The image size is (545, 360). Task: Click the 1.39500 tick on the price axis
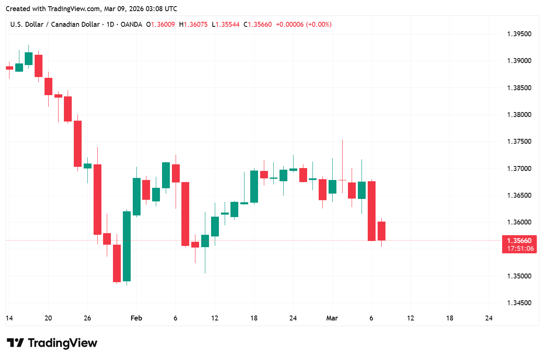[519, 34]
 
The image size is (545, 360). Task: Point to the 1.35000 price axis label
[519, 276]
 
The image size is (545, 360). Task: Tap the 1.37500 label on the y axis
[519, 141]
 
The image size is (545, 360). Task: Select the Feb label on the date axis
[136, 318]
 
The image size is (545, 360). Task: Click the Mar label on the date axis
[332, 318]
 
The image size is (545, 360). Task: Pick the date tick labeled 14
[9, 318]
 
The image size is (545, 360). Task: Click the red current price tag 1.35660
[519, 241]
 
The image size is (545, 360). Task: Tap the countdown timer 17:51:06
[519, 248]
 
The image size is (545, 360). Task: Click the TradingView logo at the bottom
[52, 343]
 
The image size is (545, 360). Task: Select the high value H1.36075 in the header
[193, 24]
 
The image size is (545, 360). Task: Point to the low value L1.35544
[226, 24]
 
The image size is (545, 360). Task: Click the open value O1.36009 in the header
[160, 24]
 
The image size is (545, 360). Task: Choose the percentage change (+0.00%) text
[319, 24]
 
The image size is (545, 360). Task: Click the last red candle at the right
[381, 231]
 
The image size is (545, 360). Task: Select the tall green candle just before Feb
[127, 246]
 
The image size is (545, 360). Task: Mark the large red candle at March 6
[371, 210]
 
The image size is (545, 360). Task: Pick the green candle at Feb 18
[254, 186]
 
